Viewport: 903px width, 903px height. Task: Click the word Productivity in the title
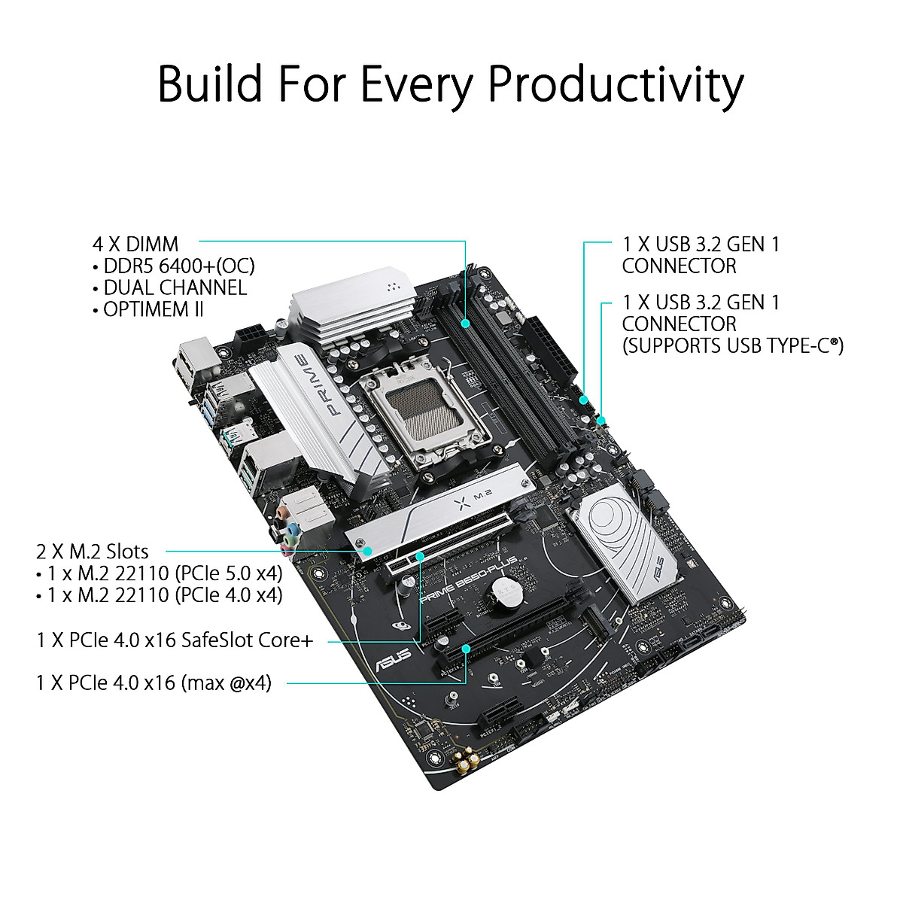tap(616, 85)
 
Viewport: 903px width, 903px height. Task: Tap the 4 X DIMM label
tap(135, 244)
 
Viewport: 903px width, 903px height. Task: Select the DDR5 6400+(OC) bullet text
tap(179, 266)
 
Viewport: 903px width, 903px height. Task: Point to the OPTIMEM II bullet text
tap(154, 309)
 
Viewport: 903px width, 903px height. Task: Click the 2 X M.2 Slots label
tap(93, 551)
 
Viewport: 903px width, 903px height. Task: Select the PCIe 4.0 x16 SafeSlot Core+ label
tap(175, 640)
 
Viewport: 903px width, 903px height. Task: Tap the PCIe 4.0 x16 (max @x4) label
tap(154, 683)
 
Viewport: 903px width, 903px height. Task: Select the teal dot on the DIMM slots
tap(467, 324)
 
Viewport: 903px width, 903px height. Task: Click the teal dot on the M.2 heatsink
tap(368, 551)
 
